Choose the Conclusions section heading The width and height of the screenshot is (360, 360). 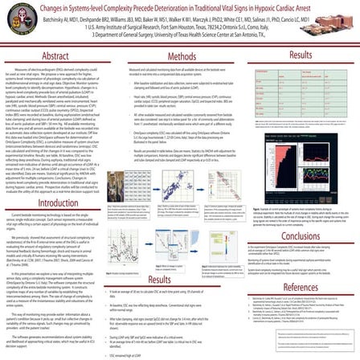pos(299,215)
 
